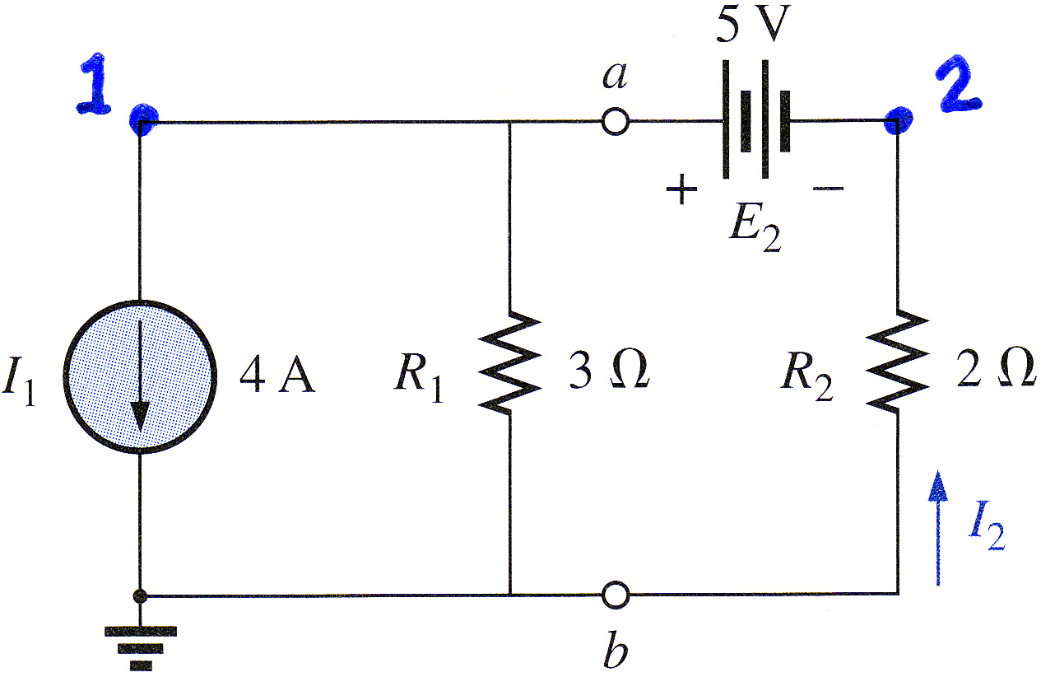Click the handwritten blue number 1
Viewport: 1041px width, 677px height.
tap(95, 84)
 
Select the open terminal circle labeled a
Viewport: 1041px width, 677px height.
tap(616, 122)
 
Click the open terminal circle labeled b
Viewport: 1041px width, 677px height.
tap(616, 595)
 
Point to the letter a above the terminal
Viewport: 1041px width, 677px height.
tap(615, 76)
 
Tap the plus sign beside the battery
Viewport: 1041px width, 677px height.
tap(681, 189)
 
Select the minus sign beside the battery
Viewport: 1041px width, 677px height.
tap(828, 189)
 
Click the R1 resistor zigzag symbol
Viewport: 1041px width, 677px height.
tap(510, 362)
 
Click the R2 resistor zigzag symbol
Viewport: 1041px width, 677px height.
tap(897, 362)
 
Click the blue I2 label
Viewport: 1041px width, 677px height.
tap(987, 531)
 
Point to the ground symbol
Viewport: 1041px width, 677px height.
tap(141, 648)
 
